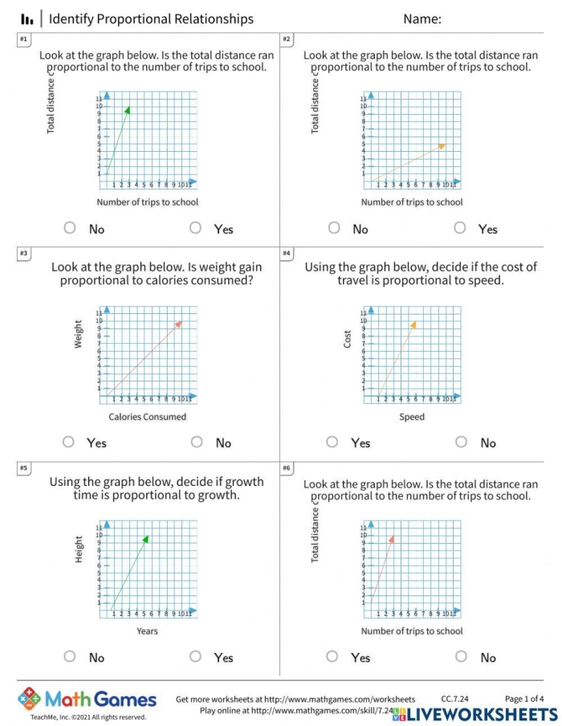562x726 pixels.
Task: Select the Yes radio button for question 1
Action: (196, 228)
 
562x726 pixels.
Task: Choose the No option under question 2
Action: (334, 228)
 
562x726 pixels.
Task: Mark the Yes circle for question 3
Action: (69, 442)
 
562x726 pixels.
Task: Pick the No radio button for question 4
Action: (461, 442)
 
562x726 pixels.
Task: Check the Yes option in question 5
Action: (196, 657)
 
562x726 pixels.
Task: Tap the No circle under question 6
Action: (461, 657)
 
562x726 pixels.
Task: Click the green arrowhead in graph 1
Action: (127, 109)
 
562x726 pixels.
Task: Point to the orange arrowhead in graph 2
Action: (442, 145)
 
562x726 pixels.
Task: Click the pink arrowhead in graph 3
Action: (178, 323)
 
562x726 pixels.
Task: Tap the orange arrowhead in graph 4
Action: (413, 324)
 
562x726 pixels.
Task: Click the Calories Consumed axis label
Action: (148, 417)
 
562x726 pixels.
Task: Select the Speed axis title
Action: (412, 417)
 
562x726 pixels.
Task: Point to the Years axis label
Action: (147, 631)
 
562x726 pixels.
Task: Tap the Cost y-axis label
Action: (348, 339)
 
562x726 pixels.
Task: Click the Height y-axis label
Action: (79, 549)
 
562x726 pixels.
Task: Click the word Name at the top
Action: (421, 19)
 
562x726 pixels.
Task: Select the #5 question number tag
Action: (23, 467)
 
